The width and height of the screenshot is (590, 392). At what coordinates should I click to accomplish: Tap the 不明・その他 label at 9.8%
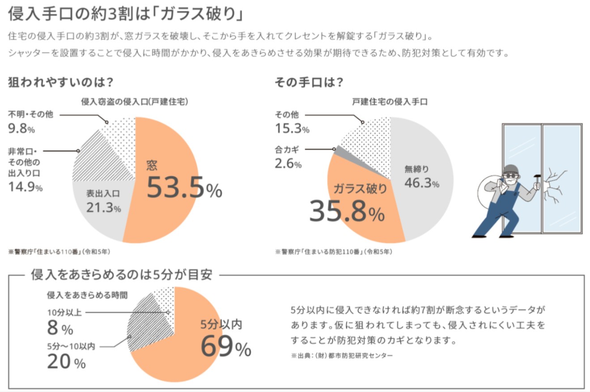[30, 114]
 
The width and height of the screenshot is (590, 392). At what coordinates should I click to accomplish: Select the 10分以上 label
[64, 313]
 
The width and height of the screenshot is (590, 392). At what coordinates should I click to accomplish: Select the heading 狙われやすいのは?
[60, 83]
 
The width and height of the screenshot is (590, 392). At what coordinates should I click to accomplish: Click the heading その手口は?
[309, 83]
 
